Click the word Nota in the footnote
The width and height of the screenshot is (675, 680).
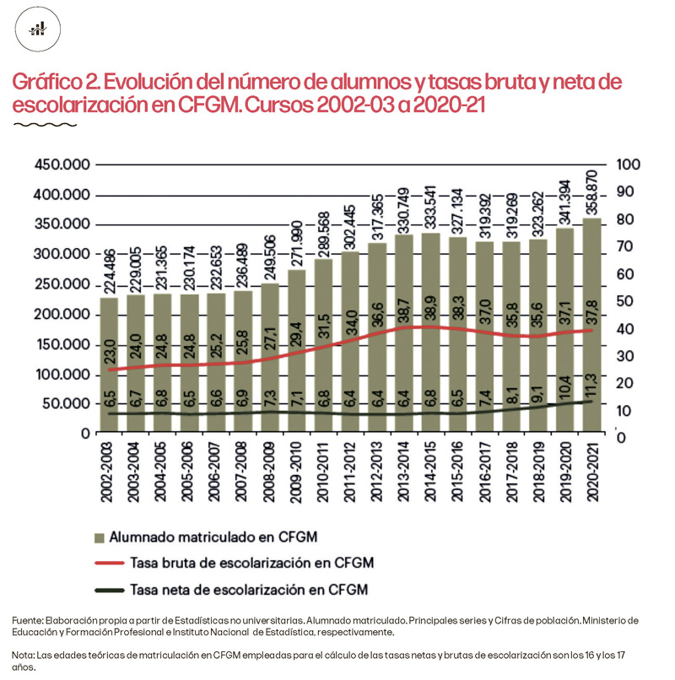pos(24,655)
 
